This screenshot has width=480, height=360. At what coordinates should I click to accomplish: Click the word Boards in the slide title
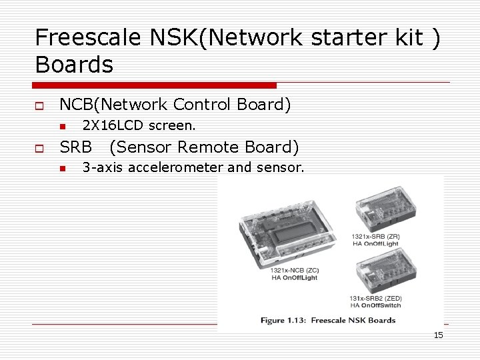coord(74,65)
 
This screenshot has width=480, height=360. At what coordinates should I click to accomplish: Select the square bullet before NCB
coord(39,105)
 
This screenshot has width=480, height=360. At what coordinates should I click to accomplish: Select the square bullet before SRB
coord(39,147)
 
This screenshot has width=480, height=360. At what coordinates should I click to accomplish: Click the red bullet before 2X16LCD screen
coord(61,126)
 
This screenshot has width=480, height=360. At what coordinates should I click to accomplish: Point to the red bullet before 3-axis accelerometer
coord(61,169)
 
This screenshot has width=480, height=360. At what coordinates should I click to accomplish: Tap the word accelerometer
coord(175,167)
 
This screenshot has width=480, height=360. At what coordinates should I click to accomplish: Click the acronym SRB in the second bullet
coord(75,147)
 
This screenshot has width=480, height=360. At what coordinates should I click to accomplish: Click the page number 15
coord(438,335)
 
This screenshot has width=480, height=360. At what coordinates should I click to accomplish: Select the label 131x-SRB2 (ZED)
coord(375,298)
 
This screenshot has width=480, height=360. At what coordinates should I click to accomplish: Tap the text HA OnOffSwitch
coord(375,305)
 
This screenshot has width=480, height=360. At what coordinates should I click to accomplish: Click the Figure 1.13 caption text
coord(327,320)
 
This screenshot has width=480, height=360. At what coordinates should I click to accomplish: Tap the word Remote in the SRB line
coord(209,147)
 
